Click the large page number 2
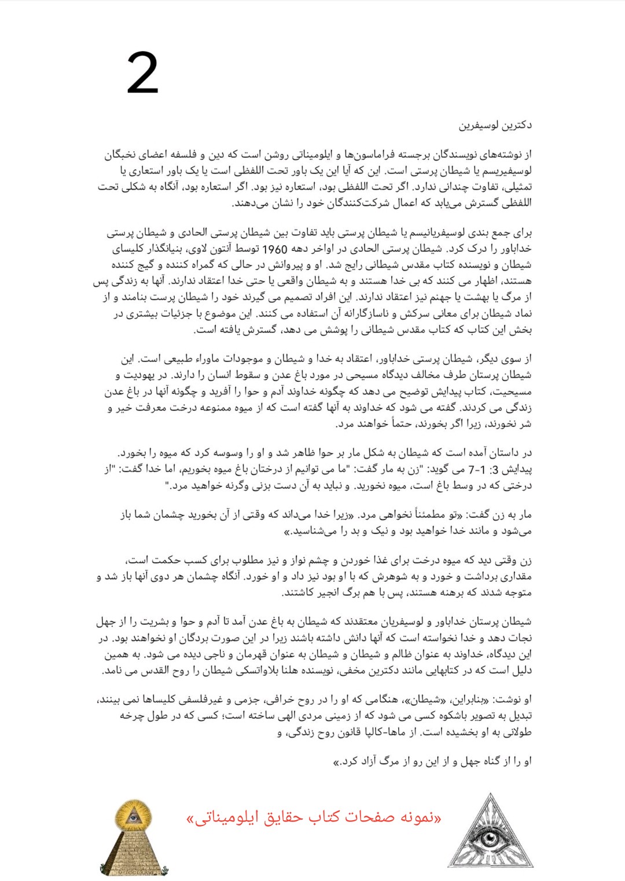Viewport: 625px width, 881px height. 142,73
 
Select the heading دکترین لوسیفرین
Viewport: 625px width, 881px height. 495,125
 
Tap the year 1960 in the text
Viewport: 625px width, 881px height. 275,249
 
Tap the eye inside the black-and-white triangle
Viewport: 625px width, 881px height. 490,839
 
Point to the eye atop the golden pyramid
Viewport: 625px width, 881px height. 134,817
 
